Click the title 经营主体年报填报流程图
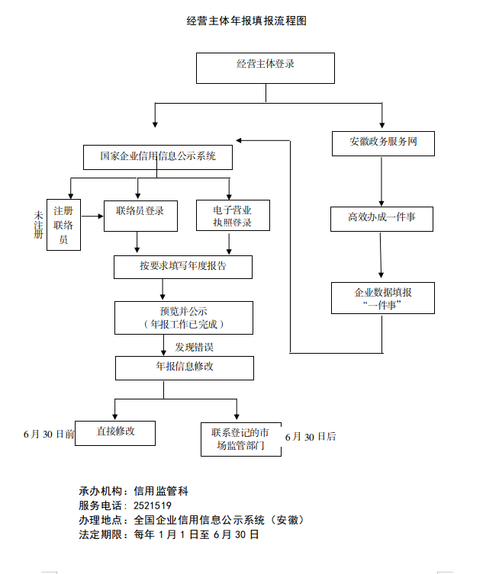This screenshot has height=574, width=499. tap(246, 21)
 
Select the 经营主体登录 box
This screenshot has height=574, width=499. tap(265, 67)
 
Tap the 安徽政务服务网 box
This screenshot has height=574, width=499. tap(383, 143)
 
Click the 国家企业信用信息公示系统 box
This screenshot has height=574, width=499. tap(157, 157)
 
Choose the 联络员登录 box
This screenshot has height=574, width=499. tap(140, 215)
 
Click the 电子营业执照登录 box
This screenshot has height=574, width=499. tap(232, 216)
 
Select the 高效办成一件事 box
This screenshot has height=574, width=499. tap(381, 219)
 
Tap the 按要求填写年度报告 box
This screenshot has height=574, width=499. tap(182, 267)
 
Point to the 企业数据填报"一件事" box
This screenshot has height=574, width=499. tap(383, 298)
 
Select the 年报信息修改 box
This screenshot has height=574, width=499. tap(184, 367)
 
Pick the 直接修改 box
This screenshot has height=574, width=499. tap(115, 432)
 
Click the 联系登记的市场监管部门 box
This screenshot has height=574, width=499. tap(240, 439)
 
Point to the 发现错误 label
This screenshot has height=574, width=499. tap(194, 347)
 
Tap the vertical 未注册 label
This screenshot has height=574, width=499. tap(38, 225)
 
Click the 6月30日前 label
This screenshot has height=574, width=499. tap(49, 435)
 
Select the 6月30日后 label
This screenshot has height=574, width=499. tap(311, 437)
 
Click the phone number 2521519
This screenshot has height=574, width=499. tap(152, 505)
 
